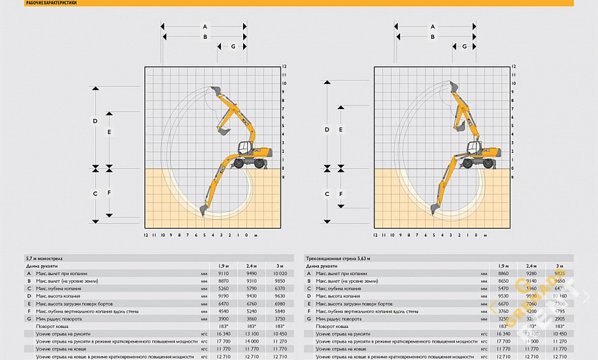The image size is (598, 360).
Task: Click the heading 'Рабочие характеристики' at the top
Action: pyautogui.click(x=51, y=3)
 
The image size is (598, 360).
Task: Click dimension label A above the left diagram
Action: pyautogui.click(x=205, y=26)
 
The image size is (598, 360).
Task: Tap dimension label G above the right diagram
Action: pyautogui.click(x=464, y=47)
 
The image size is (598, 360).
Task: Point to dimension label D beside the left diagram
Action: pyautogui.click(x=95, y=121)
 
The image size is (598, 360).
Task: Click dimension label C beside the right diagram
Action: pyautogui.click(x=326, y=193)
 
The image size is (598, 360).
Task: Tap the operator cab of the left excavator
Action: pyautogui.click(x=244, y=148)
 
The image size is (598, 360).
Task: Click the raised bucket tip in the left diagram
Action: pyautogui.click(x=215, y=90)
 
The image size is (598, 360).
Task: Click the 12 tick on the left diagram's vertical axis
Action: pyautogui.click(x=284, y=67)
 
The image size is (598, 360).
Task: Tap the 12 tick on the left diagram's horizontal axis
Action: pyautogui.click(x=146, y=236)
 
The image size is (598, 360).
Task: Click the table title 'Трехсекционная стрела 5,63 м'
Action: pyautogui.click(x=338, y=259)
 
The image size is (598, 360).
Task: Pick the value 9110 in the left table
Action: pyautogui.click(x=223, y=273)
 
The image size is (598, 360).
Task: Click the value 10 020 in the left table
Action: pyautogui.click(x=279, y=273)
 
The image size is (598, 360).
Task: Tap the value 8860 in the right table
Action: pyautogui.click(x=503, y=273)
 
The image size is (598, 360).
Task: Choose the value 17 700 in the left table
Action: pyautogui.click(x=223, y=341)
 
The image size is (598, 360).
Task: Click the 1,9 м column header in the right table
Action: pyautogui.click(x=503, y=265)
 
